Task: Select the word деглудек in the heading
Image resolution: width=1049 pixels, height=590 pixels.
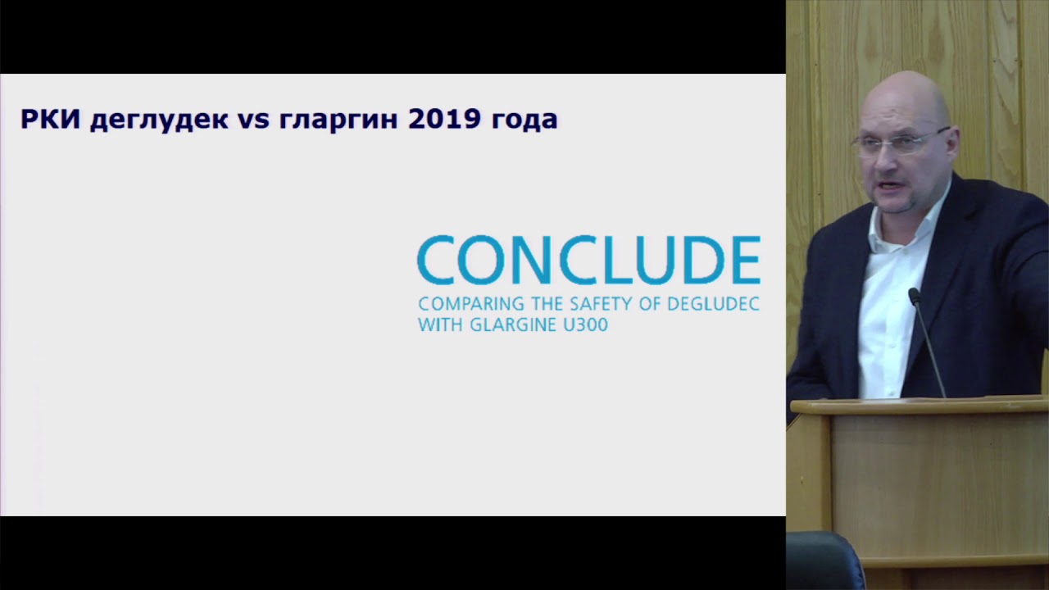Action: pyautogui.click(x=159, y=120)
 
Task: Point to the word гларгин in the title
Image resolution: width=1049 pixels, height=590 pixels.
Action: pyautogui.click(x=338, y=120)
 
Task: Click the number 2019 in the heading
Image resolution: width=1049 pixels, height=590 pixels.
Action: pyautogui.click(x=443, y=120)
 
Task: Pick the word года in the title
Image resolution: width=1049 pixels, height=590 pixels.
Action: pyautogui.click(x=524, y=120)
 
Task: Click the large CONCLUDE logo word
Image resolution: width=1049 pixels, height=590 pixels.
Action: pyautogui.click(x=588, y=261)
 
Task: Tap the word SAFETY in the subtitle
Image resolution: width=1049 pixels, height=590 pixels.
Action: pyautogui.click(x=597, y=304)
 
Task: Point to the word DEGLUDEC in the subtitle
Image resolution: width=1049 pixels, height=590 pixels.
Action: pyautogui.click(x=713, y=304)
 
